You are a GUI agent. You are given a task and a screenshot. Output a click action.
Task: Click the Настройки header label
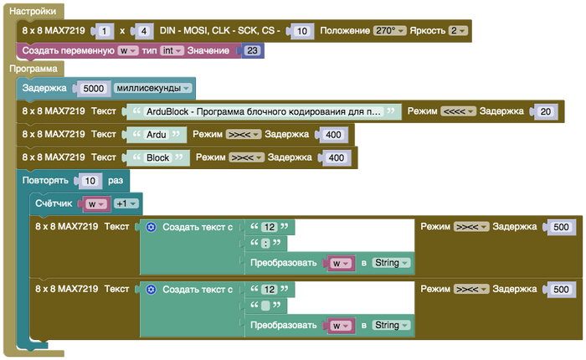(33, 13)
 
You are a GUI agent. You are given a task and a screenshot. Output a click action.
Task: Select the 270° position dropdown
(389, 31)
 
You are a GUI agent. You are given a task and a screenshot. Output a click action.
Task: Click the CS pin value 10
(300, 32)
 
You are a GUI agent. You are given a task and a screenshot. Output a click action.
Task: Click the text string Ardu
(156, 135)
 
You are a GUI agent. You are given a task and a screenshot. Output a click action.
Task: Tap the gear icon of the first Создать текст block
(151, 227)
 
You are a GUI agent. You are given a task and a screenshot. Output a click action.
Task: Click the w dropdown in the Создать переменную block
(128, 51)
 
